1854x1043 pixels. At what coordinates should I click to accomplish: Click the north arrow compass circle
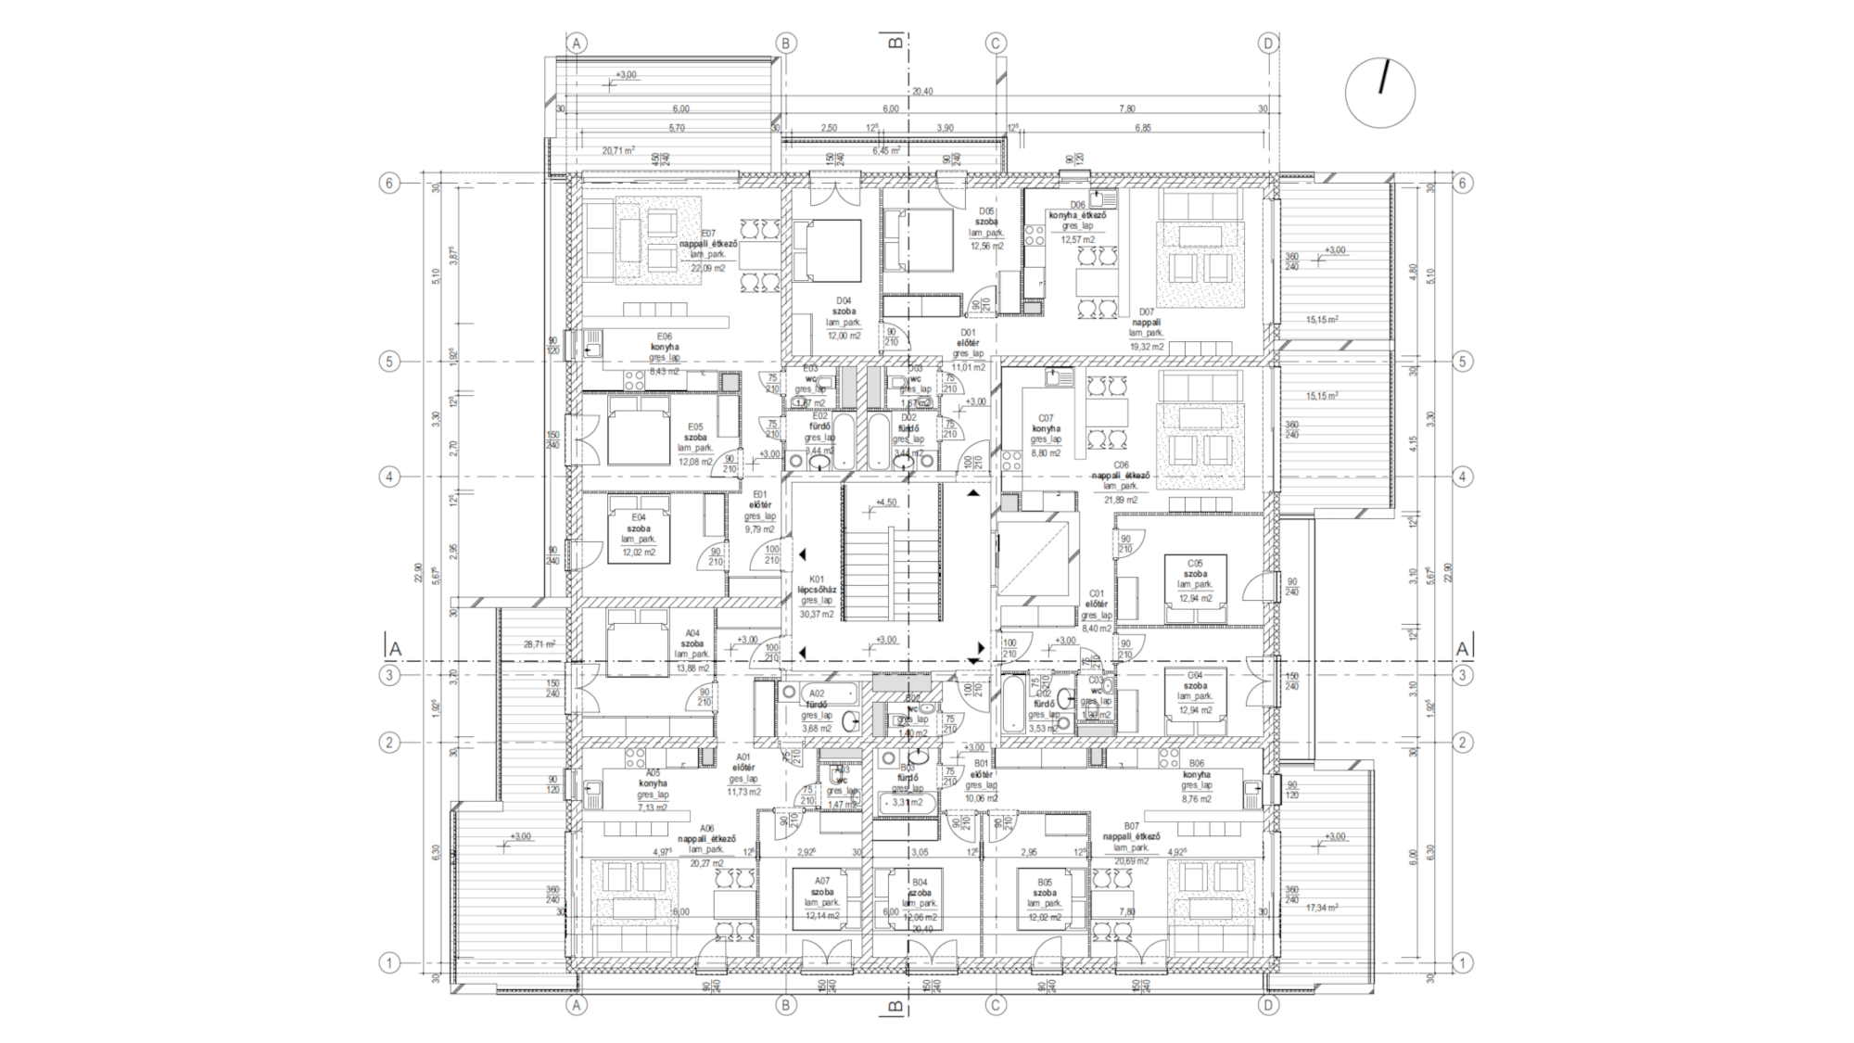pos(1380,93)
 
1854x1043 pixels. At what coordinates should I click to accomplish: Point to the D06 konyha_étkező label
pos(1077,215)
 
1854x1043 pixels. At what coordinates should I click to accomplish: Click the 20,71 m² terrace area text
pos(617,150)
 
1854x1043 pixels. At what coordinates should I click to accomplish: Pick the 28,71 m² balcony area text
pos(539,644)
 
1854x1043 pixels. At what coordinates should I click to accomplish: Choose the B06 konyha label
pos(1196,775)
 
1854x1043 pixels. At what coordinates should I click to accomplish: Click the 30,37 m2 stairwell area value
pos(817,614)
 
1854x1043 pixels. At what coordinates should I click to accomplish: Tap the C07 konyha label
pos(1046,429)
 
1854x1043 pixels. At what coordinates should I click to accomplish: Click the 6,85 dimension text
pos(1143,128)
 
